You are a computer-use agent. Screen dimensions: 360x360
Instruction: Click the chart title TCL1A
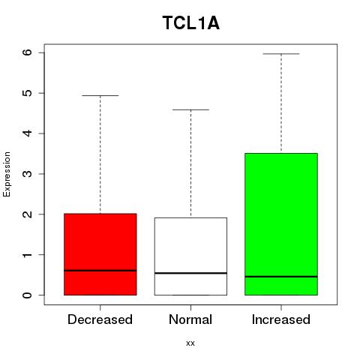191,23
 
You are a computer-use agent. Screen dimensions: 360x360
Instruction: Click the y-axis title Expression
7,174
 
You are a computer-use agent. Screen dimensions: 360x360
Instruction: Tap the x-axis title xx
190,343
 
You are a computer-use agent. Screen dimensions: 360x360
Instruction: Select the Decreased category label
100,319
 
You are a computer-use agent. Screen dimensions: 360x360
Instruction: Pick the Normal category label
190,319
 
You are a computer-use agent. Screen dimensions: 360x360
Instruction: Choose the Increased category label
281,319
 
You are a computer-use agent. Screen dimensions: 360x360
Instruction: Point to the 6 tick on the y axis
28,52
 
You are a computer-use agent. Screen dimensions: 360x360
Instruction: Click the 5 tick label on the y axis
28,93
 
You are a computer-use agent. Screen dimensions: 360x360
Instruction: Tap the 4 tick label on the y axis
28,133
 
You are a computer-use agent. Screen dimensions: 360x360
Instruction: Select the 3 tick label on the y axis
28,174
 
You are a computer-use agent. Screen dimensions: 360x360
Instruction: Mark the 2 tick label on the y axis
28,214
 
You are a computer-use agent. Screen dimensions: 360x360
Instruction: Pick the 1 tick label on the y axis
28,255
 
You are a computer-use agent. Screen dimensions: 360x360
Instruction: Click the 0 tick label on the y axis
28,295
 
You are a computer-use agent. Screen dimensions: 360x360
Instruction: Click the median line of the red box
100,271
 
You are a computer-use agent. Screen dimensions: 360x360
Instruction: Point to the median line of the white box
190,273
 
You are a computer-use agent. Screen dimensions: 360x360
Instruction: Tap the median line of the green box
281,277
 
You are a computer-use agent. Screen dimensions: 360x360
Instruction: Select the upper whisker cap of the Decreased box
100,95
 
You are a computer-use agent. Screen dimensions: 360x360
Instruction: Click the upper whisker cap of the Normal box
190,109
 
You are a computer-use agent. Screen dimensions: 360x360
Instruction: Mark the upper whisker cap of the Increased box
281,54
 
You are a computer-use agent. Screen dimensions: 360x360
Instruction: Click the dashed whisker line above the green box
281,103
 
